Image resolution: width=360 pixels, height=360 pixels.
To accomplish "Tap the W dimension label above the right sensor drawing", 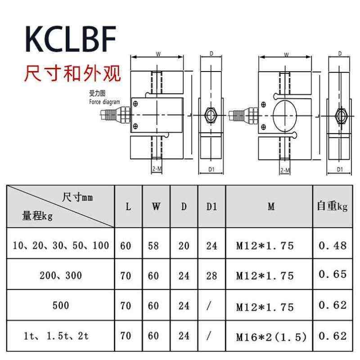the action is click(286, 54).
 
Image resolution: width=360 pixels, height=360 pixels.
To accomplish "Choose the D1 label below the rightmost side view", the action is click(340, 170).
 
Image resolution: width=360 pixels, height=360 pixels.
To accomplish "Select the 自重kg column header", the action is click(332, 207).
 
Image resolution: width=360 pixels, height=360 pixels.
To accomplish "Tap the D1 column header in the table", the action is click(211, 207).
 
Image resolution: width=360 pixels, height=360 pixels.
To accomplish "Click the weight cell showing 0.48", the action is click(333, 245).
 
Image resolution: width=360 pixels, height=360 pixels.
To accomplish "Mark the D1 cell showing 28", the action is click(211, 275).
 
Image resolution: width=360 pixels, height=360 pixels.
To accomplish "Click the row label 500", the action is click(60, 306).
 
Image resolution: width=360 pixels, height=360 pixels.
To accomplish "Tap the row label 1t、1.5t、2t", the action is click(60, 336).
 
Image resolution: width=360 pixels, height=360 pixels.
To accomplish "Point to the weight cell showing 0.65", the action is click(333, 274).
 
